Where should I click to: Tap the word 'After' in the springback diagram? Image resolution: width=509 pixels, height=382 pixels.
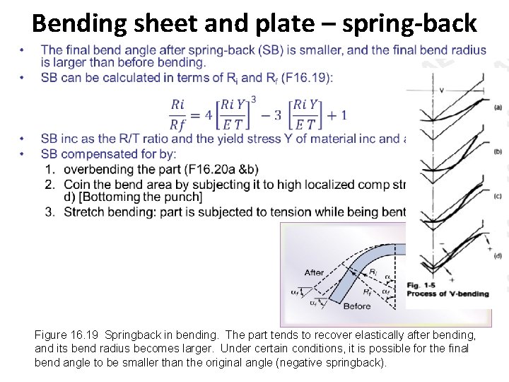pyautogui.click(x=315, y=272)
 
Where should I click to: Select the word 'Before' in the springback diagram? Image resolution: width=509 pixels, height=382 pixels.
pyautogui.click(x=356, y=306)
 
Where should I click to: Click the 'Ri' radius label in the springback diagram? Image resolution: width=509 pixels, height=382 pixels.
pyautogui.click(x=373, y=272)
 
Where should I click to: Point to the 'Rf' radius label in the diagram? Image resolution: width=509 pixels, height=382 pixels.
pyautogui.click(x=368, y=290)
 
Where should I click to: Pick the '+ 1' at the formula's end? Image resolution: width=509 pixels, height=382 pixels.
pyautogui.click(x=334, y=115)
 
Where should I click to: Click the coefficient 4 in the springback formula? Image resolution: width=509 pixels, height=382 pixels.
pyautogui.click(x=209, y=115)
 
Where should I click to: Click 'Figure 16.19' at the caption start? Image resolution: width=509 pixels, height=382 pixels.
pyautogui.click(x=66, y=335)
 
